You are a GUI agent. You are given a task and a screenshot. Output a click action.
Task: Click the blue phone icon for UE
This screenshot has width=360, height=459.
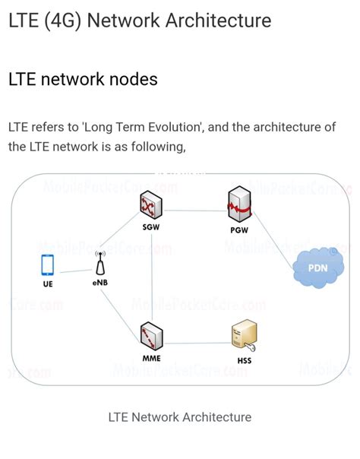click(48, 265)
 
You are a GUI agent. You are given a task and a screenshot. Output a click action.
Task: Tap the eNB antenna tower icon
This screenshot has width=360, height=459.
click(100, 264)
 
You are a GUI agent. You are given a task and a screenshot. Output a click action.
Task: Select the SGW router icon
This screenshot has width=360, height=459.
click(151, 205)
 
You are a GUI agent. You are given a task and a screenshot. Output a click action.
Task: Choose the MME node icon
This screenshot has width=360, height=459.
click(151, 334)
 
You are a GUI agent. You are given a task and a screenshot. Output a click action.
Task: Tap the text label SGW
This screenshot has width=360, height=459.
click(151, 227)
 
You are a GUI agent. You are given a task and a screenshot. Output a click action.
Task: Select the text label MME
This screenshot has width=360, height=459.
click(151, 357)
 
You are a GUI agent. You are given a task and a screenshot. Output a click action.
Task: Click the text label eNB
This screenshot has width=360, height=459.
click(100, 283)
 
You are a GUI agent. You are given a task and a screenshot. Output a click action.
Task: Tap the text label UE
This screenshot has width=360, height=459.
click(48, 284)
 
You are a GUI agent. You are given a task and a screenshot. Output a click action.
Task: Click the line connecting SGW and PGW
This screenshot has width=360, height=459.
click(195, 211)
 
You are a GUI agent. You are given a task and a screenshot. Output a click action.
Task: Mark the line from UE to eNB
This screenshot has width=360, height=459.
click(74, 271)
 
